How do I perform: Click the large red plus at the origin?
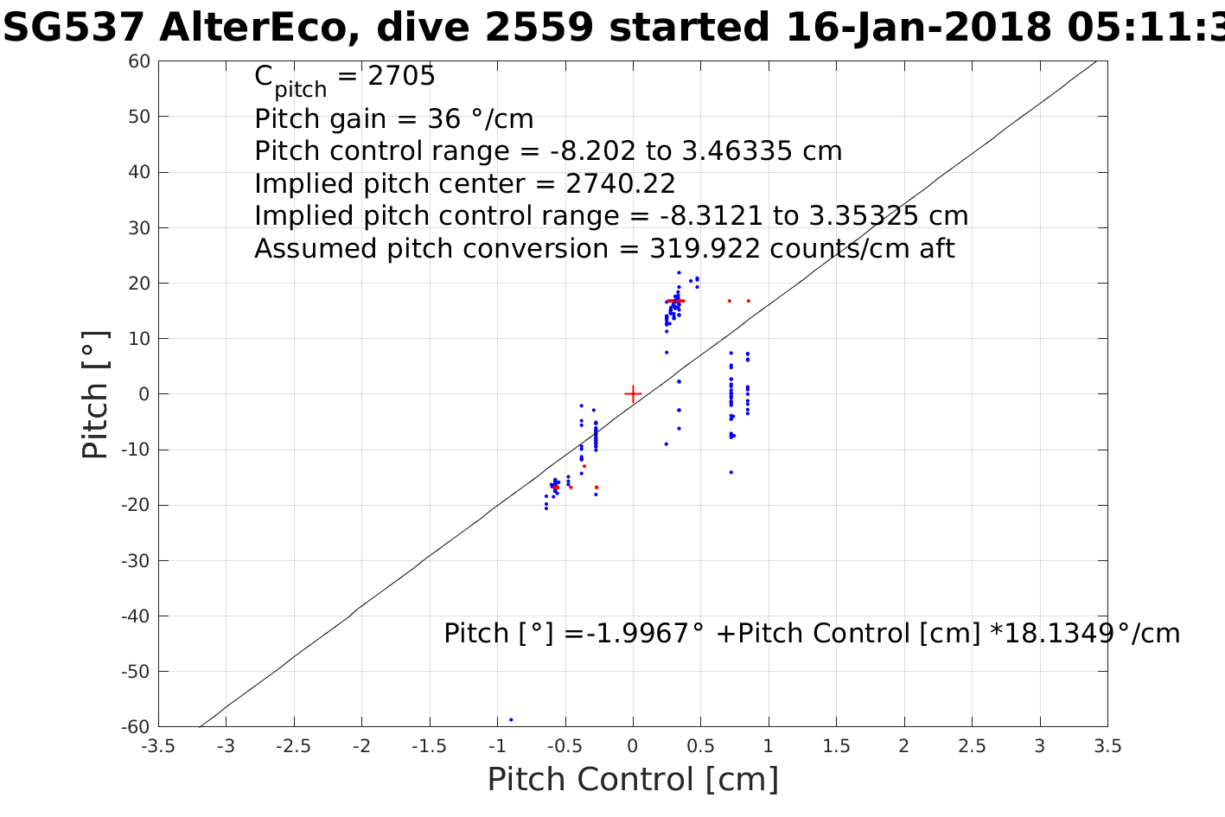point(633,394)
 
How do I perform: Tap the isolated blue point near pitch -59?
point(511,719)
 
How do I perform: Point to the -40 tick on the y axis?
point(137,616)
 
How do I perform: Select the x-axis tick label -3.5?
point(158,746)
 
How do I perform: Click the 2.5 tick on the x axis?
point(972,746)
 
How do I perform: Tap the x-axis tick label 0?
point(633,746)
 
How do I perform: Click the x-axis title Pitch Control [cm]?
point(633,780)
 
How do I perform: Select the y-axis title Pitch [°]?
point(96,394)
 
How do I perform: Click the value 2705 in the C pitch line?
point(401,77)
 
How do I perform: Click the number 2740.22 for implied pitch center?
point(620,184)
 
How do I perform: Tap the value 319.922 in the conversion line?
point(705,249)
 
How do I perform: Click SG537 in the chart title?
point(74,29)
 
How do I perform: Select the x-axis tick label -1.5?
point(429,746)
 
